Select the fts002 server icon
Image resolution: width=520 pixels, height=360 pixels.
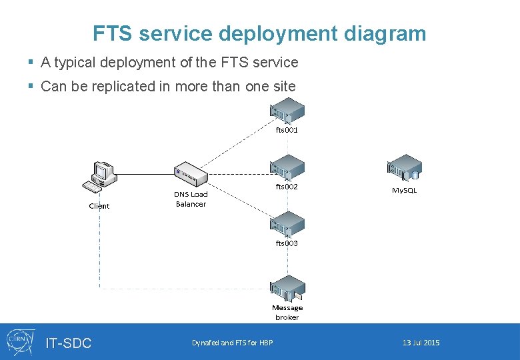click(x=287, y=169)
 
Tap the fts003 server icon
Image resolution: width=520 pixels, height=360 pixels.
click(x=287, y=225)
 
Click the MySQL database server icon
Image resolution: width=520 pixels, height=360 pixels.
click(x=404, y=169)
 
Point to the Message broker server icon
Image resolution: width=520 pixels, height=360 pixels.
click(x=287, y=289)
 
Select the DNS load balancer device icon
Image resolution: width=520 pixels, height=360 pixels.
click(x=191, y=174)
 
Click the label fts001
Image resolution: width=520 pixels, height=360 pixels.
click(x=287, y=130)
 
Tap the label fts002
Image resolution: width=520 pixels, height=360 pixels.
click(x=287, y=187)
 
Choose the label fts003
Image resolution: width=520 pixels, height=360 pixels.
click(x=287, y=243)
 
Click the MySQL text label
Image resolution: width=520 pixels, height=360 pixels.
click(x=404, y=191)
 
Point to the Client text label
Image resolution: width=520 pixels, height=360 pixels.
click(x=99, y=206)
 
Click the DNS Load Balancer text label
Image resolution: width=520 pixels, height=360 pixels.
click(x=191, y=199)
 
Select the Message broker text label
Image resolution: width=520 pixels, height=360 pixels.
click(x=287, y=313)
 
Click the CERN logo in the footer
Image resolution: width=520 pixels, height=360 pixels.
click(x=19, y=341)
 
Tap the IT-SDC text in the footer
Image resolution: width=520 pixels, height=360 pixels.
click(x=69, y=343)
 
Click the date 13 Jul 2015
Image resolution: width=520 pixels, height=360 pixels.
click(x=421, y=343)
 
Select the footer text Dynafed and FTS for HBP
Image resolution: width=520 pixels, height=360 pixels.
click(x=232, y=343)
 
